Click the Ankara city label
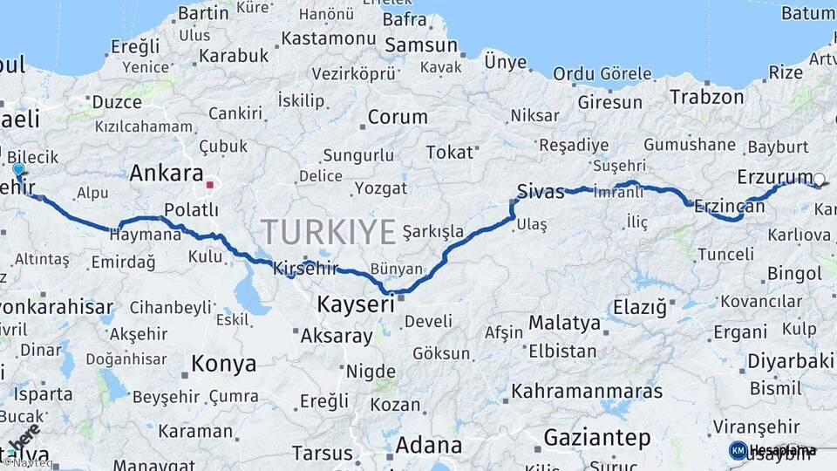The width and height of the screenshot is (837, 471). click(x=167, y=173)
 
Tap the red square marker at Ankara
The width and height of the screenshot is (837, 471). click(x=209, y=185)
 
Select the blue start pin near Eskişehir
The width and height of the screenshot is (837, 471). click(x=18, y=169)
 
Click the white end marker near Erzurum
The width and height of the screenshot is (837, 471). click(x=818, y=181)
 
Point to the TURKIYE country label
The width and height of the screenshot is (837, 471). click(x=329, y=232)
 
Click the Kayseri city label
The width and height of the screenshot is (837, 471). click(x=356, y=304)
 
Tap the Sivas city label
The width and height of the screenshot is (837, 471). click(x=541, y=190)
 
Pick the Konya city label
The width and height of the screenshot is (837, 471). click(x=224, y=364)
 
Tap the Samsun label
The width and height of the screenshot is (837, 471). click(x=421, y=45)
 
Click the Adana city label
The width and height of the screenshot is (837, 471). click(x=428, y=445)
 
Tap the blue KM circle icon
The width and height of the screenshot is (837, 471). click(x=738, y=450)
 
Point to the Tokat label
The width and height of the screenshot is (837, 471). click(x=449, y=153)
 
